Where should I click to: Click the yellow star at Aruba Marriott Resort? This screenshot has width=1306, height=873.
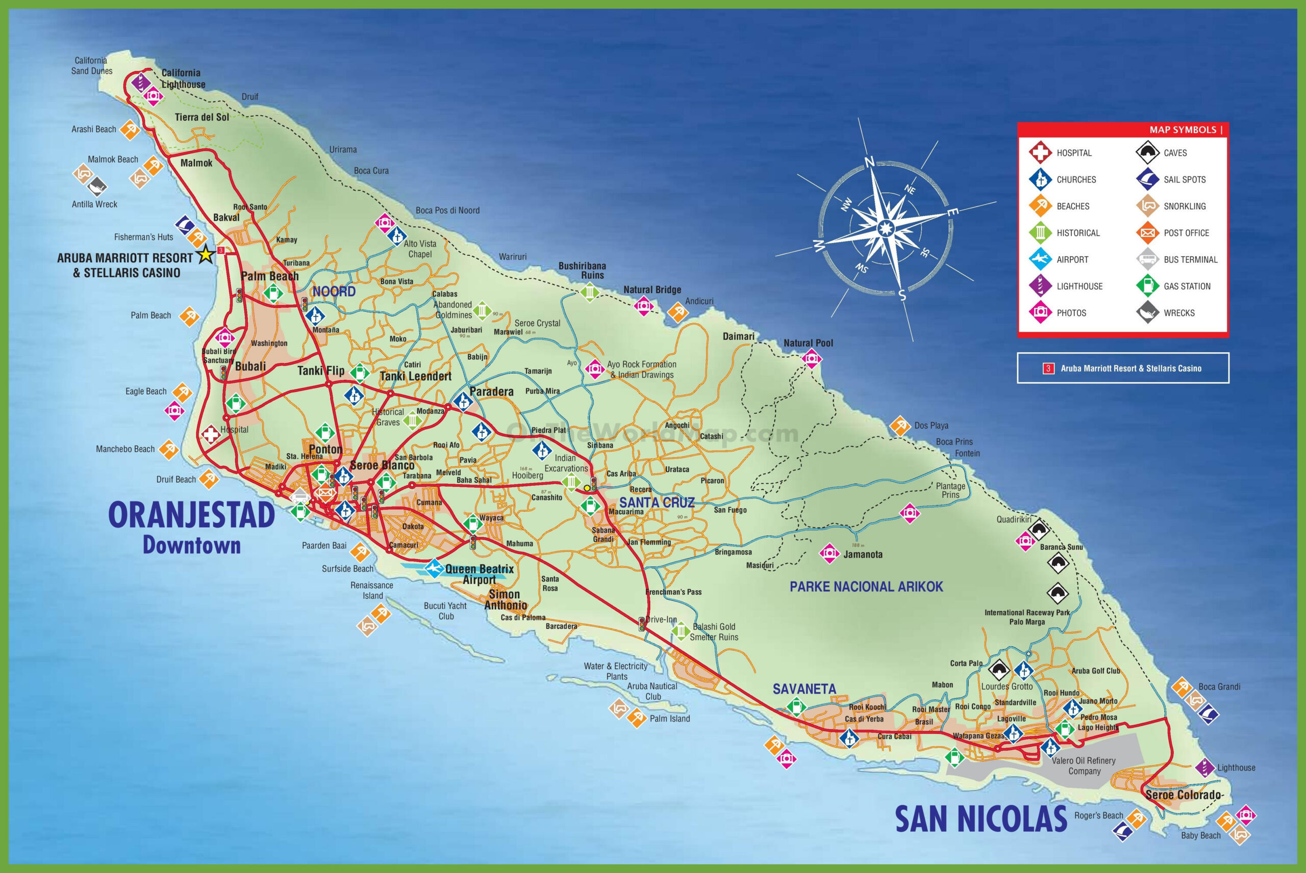[x=206, y=255]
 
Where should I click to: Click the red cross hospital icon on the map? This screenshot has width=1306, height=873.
[x=211, y=435]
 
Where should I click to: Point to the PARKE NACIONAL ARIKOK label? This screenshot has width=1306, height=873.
[x=866, y=586]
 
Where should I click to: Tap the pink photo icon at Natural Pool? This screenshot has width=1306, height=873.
[x=811, y=359]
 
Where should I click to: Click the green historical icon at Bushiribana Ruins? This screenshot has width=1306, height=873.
[x=589, y=292]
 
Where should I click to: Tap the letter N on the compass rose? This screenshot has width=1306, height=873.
[x=868, y=162]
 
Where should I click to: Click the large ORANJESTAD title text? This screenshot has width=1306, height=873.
[x=191, y=515]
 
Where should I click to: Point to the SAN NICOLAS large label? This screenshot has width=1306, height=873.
[x=981, y=819]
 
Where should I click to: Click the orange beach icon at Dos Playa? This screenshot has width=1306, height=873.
[x=900, y=426]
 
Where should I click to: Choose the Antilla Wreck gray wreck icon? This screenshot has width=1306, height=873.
[x=98, y=186]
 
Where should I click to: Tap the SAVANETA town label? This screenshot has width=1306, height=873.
[x=804, y=689]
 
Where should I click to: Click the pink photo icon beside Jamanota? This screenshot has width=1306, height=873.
[x=828, y=553]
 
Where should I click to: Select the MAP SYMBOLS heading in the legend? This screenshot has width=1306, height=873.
[x=1183, y=130]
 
